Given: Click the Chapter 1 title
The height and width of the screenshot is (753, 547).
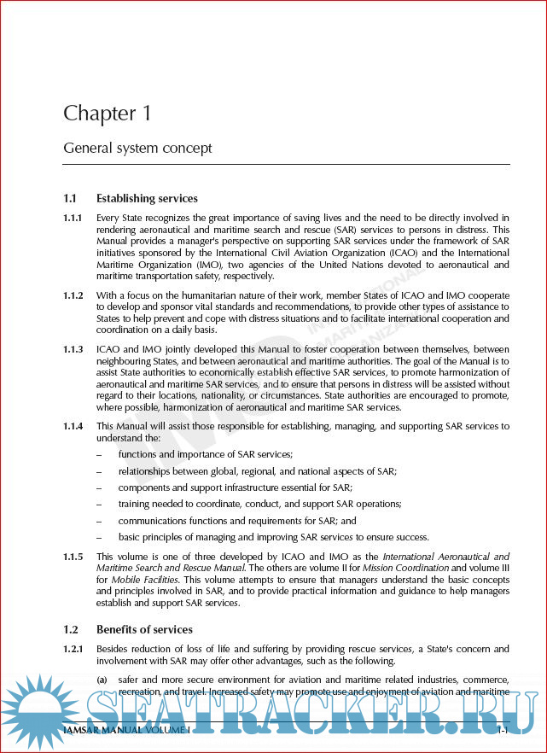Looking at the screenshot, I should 100,114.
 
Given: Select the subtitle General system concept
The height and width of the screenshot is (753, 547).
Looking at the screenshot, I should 137,149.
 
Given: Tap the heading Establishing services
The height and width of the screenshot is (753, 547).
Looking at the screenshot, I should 147,199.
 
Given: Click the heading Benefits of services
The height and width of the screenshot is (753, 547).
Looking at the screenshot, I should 144,630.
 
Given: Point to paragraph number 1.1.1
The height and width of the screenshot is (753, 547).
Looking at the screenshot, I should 73,218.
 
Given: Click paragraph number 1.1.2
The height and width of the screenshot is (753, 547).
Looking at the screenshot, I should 73,295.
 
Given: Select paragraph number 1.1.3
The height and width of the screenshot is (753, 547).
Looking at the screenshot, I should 73,350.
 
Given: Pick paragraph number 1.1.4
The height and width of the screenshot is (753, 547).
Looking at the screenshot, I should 73,426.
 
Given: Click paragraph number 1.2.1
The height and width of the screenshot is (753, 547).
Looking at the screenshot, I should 73,650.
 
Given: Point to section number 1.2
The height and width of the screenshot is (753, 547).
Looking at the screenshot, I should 71,630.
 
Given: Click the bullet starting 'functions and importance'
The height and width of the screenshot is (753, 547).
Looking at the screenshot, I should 206,454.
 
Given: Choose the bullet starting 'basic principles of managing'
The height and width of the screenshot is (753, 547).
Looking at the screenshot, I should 273,537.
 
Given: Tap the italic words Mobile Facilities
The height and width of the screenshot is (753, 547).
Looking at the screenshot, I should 128,580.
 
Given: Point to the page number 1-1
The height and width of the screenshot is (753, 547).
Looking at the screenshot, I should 503,731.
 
